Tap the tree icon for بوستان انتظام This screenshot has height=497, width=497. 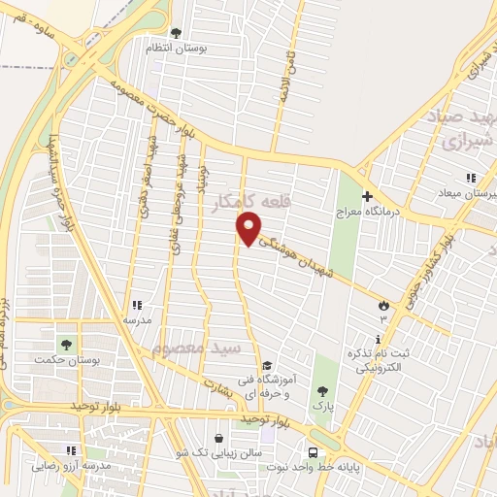pyautogui.click(x=175, y=33)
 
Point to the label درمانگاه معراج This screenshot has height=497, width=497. pyautogui.click(x=362, y=211)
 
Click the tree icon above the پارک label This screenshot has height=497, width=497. pyautogui.click(x=322, y=390)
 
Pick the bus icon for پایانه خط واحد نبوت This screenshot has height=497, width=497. pyautogui.click(x=313, y=453)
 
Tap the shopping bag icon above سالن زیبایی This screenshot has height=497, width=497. pyautogui.click(x=217, y=438)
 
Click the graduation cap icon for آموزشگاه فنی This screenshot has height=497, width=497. pyautogui.click(x=267, y=364)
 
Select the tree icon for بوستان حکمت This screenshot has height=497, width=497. pyautogui.click(x=66, y=344)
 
